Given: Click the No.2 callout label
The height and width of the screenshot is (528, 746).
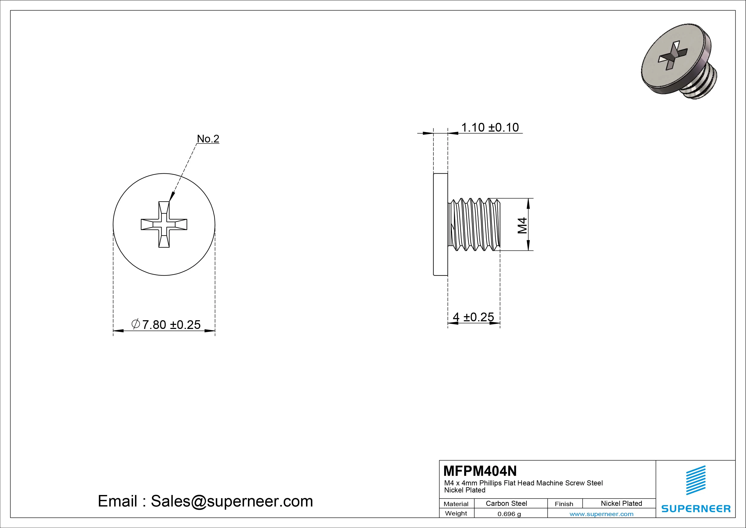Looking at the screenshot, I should [x=208, y=139].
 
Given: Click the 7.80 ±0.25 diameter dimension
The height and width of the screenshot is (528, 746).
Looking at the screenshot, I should [x=166, y=325].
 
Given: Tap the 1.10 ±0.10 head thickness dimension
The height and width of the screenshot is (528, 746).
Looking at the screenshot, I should [x=490, y=128].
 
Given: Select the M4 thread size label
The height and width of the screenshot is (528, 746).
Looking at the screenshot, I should [x=522, y=225].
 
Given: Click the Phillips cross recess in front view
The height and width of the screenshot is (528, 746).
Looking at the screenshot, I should [x=164, y=224].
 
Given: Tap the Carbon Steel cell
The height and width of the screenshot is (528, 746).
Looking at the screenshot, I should [x=506, y=503].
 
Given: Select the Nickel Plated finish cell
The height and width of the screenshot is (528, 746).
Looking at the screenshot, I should [x=621, y=503].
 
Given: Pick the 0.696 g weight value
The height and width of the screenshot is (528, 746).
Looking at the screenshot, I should [x=509, y=514].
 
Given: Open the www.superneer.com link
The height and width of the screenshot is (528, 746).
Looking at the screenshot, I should [x=601, y=514].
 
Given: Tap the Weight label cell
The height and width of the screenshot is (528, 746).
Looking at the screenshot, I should [x=456, y=513].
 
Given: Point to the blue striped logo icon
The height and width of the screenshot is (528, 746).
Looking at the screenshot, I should [x=696, y=480].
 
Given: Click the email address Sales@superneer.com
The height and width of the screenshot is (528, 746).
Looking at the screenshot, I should [x=232, y=501].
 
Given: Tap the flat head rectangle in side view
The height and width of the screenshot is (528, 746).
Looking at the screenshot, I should [x=441, y=224].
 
